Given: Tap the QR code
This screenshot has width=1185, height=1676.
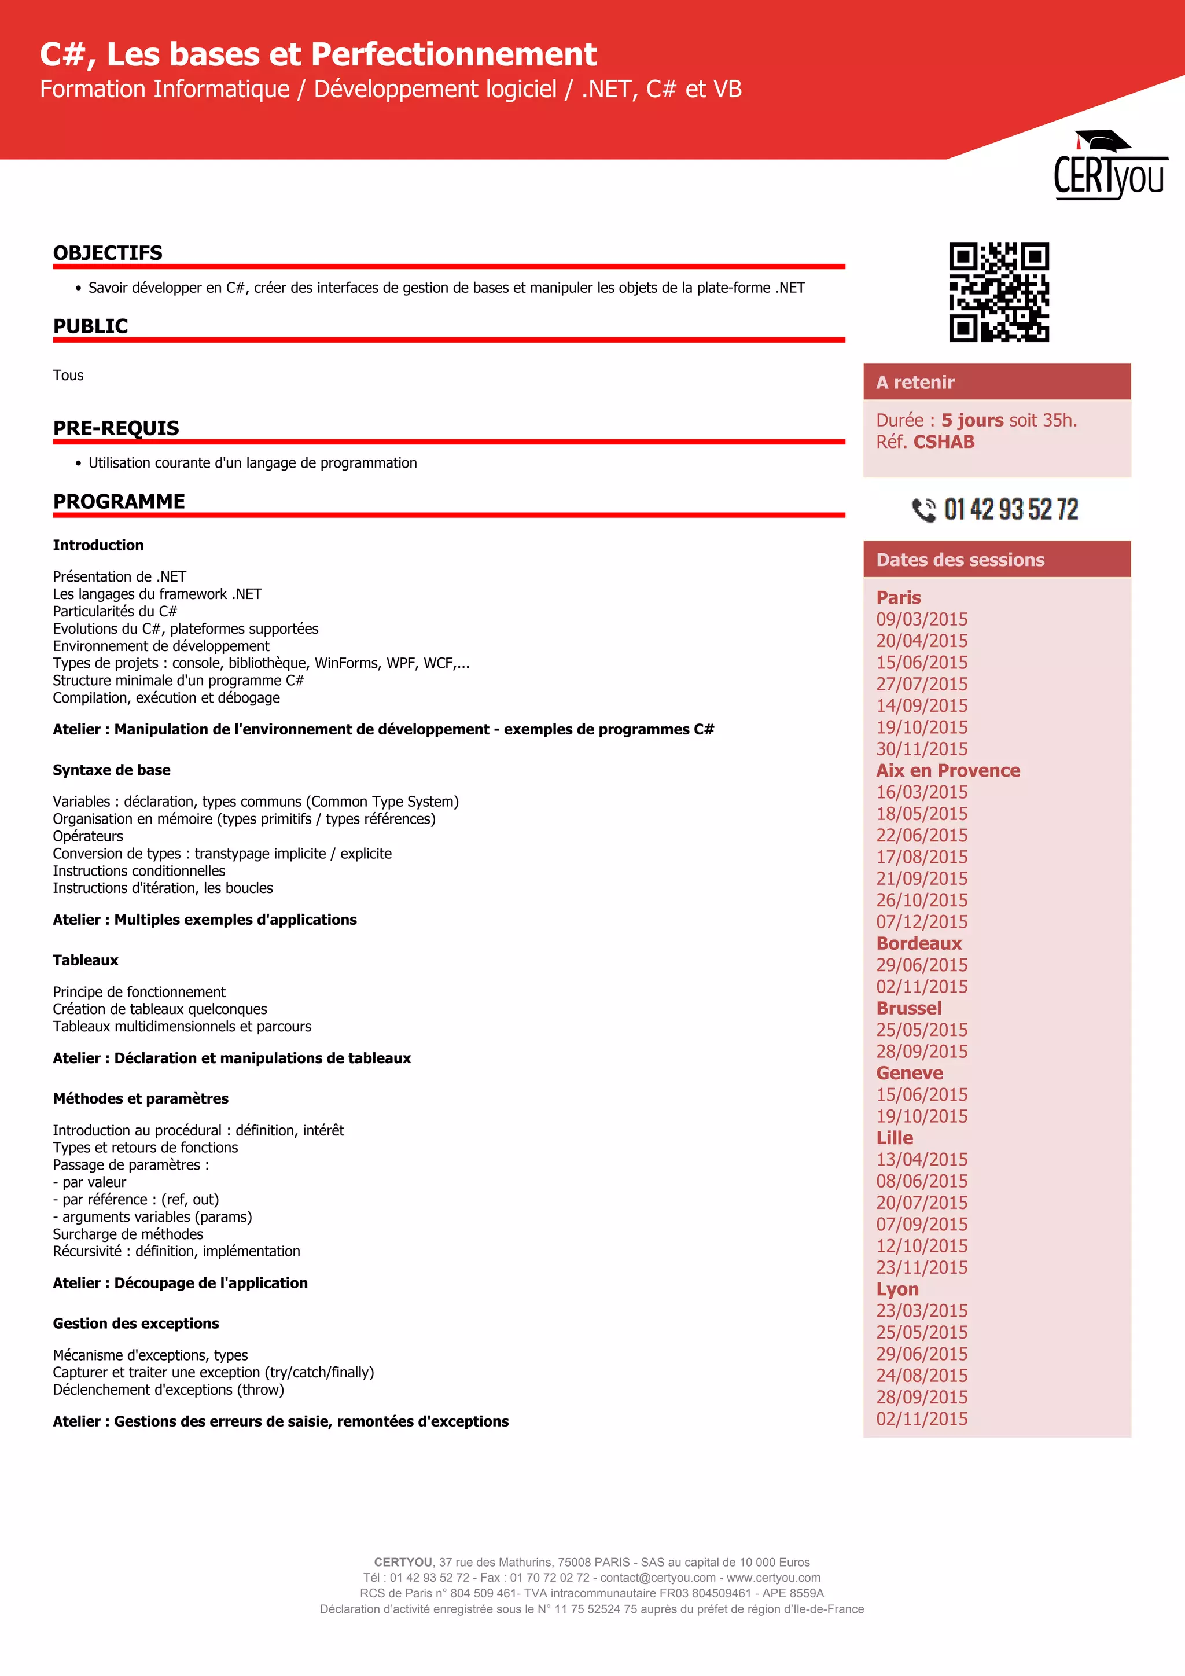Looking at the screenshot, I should pyautogui.click(x=998, y=292).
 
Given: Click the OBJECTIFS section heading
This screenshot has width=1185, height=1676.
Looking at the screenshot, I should pyautogui.click(x=108, y=253).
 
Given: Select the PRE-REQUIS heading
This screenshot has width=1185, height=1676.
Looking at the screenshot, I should pyautogui.click(x=116, y=428).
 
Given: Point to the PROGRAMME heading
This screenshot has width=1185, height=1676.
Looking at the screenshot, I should pyautogui.click(x=119, y=502).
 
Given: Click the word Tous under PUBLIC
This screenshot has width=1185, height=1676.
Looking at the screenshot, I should pyautogui.click(x=68, y=375).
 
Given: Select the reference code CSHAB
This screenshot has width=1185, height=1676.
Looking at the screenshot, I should pyautogui.click(x=944, y=442).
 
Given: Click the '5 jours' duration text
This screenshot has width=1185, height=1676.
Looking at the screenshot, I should pyautogui.click(x=972, y=421).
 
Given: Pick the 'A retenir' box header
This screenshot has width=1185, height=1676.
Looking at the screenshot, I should pyautogui.click(x=997, y=383).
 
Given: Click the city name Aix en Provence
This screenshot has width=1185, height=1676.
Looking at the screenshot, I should pyautogui.click(x=948, y=771).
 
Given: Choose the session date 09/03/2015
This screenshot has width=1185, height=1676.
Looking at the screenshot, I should pyautogui.click(x=922, y=620).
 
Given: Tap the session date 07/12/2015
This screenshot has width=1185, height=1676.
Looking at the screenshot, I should pyautogui.click(x=922, y=922).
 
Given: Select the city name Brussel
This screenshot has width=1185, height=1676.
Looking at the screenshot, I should pyautogui.click(x=908, y=1009).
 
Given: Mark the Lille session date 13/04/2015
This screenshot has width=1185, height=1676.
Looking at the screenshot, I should pyautogui.click(x=922, y=1160).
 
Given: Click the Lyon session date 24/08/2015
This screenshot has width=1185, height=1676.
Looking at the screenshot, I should pyautogui.click(x=922, y=1376).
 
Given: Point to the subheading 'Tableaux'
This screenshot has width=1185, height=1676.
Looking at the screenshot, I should pyautogui.click(x=86, y=961).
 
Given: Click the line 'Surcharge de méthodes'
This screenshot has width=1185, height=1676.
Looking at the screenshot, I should pyautogui.click(x=128, y=1234).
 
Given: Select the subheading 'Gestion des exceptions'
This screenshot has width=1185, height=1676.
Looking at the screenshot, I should pyautogui.click(x=136, y=1324).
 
